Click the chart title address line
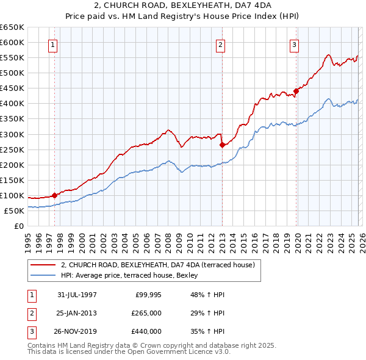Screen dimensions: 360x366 (182, 6)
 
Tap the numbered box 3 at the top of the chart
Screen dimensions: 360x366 (294, 44)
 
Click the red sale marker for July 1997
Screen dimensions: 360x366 (54, 195)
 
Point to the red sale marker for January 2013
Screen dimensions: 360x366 (221, 145)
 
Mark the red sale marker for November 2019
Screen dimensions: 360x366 (296, 91)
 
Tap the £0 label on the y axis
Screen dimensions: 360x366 (18, 226)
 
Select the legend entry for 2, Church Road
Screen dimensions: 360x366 (161, 265)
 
